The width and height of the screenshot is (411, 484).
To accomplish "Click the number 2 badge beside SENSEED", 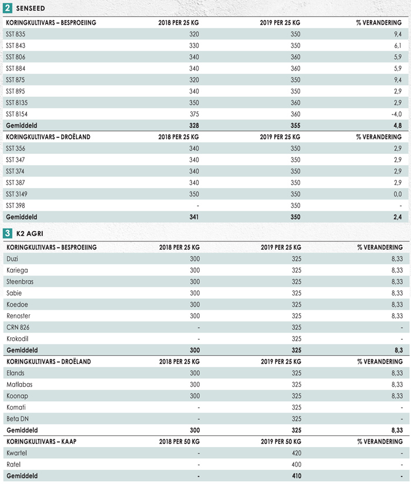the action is (8, 8).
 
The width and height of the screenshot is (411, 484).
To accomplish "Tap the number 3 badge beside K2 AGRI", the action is (8, 233).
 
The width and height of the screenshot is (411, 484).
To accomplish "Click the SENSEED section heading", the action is (31, 8).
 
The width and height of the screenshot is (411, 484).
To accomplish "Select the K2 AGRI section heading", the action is (29, 234).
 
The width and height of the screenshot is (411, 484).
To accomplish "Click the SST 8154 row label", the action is (16, 114).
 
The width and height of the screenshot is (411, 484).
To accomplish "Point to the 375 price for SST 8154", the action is (194, 114).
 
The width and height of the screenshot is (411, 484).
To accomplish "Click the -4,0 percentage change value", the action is (396, 114).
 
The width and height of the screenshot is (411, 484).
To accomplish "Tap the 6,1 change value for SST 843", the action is (397, 46).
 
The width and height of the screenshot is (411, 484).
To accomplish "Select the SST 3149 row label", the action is (16, 194).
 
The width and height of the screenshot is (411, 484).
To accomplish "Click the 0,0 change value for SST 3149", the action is (397, 194).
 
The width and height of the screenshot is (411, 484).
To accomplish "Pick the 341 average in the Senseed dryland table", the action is (194, 217).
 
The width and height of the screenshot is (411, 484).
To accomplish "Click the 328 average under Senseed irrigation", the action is (194, 126).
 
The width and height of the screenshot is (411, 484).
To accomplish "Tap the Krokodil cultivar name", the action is (17, 339).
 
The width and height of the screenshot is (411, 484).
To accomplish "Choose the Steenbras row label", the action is (20, 282).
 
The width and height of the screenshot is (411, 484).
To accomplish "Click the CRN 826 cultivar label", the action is (18, 328).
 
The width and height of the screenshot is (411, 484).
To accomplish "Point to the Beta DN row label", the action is (18, 419).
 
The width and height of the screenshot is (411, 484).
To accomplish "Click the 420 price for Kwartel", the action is (297, 453).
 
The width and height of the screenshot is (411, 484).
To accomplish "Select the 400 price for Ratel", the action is (297, 465).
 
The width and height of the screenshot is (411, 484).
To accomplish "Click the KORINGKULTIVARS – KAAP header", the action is (41, 442).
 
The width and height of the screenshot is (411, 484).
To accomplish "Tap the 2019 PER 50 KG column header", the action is (281, 442).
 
